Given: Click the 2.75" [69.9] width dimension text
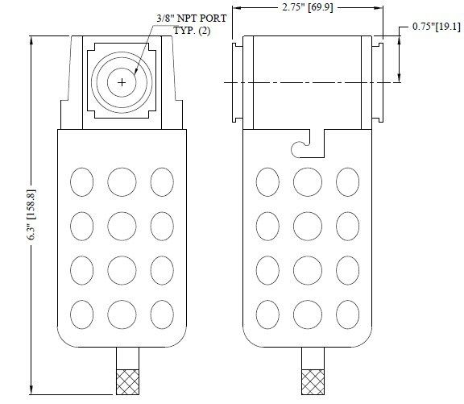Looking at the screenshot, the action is (x=308, y=7).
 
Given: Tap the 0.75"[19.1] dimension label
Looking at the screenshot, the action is (x=437, y=27).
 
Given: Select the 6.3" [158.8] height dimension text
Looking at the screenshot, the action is (x=32, y=215).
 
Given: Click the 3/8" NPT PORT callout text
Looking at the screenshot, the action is (x=192, y=19).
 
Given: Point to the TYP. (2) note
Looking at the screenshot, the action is (x=192, y=31).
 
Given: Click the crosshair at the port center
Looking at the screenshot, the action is (x=122, y=82).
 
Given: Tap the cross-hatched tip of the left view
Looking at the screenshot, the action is (x=127, y=382).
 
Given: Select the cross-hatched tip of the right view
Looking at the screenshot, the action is (x=313, y=382).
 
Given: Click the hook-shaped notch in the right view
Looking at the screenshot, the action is (x=308, y=144).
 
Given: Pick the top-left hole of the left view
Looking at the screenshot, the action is (x=81, y=182).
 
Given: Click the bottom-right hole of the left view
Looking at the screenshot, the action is (x=162, y=314).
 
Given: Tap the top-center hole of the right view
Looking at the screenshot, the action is (x=308, y=182).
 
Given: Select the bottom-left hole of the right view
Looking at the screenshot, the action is (x=267, y=314).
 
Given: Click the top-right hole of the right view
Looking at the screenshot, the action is (x=347, y=182).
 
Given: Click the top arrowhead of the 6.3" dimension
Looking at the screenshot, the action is (x=31, y=40).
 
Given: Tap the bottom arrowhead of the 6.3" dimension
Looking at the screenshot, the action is (x=31, y=389).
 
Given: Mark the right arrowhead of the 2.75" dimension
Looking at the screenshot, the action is (x=379, y=8).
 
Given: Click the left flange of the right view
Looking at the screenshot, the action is (x=238, y=82).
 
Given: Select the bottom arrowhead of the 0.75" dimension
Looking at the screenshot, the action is (x=399, y=77).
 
